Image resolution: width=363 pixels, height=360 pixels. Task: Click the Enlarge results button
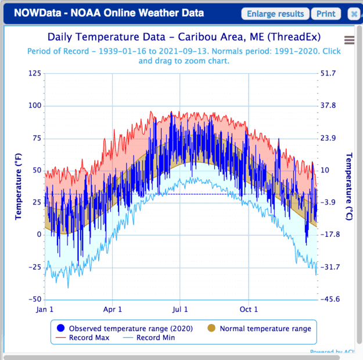click(275, 13)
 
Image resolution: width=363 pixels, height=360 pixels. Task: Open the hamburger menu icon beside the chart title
click(349, 39)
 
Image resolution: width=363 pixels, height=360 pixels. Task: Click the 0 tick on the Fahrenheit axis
click(38, 235)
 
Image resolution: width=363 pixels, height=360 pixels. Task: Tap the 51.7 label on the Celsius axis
click(329, 73)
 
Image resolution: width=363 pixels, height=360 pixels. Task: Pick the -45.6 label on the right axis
click(330, 299)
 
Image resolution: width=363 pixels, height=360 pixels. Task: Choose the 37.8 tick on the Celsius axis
click(329, 106)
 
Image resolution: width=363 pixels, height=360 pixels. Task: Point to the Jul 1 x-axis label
click(179, 309)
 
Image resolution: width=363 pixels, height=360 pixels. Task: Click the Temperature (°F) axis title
click(18, 186)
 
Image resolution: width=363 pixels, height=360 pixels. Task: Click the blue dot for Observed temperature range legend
click(62, 328)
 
